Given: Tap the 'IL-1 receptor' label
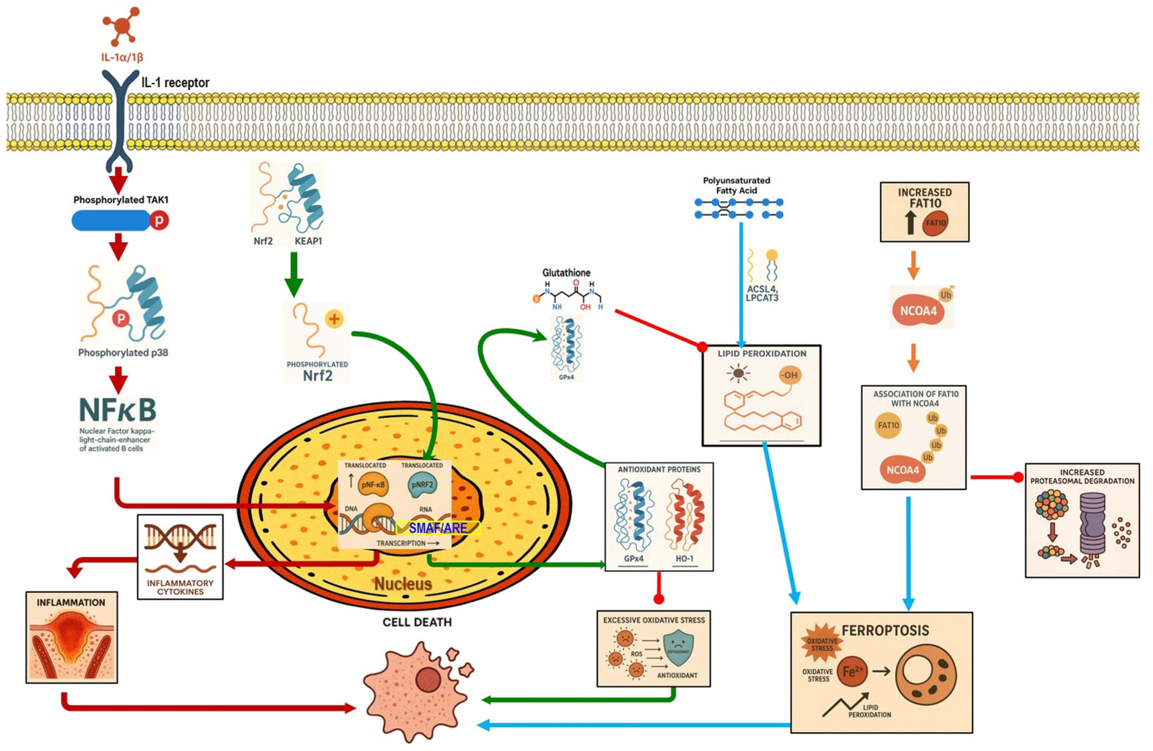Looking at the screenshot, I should (x=175, y=83).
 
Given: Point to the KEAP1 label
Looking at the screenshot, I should (x=308, y=241).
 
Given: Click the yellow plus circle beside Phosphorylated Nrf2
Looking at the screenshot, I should (x=334, y=319).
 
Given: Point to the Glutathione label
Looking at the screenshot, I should (x=566, y=273).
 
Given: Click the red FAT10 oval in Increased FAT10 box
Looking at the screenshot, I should (x=935, y=223).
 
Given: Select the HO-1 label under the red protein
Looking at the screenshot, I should (x=684, y=559).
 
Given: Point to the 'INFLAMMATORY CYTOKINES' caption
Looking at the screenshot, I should (x=180, y=587).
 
